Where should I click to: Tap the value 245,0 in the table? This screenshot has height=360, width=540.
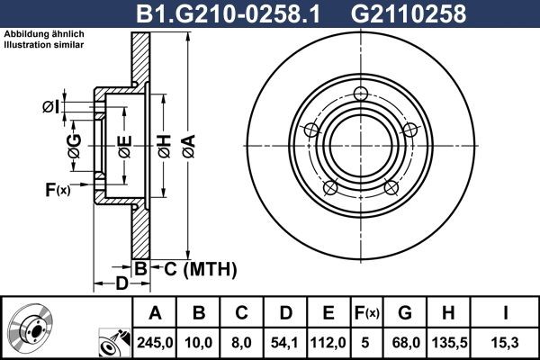tap(155, 343)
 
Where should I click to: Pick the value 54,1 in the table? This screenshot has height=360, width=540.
tap(285, 343)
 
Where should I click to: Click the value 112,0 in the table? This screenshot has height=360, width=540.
tap(328, 343)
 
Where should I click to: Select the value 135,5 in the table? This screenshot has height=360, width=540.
tap(447, 343)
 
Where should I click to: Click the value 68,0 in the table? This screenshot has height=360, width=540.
tap(404, 343)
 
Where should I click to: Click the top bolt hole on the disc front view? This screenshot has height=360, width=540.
tap(362, 93)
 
